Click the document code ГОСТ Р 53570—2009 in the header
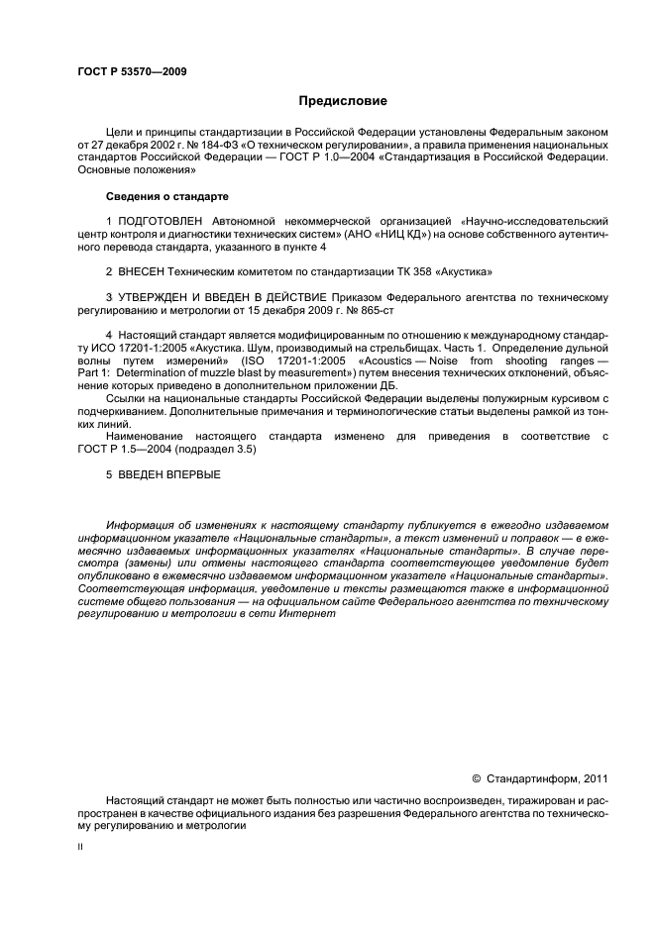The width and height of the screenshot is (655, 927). pos(132,72)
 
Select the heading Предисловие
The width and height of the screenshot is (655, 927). pos(343,101)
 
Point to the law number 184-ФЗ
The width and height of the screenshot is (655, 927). pos(234,144)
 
